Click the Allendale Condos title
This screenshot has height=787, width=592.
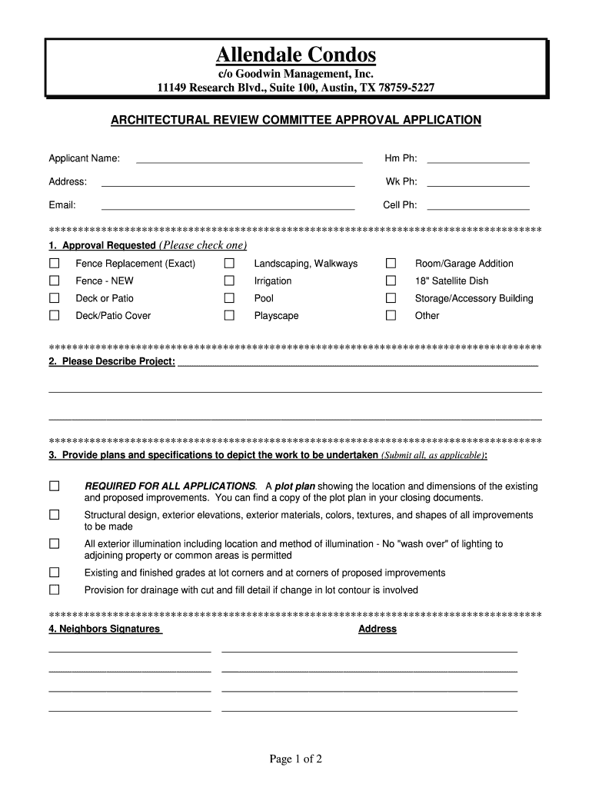pyautogui.click(x=296, y=55)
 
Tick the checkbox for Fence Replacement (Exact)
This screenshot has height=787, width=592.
pyautogui.click(x=55, y=264)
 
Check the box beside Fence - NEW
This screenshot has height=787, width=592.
pyautogui.click(x=55, y=281)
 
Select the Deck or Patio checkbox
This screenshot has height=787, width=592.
pyautogui.click(x=55, y=298)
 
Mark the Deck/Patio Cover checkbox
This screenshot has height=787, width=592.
pyautogui.click(x=55, y=316)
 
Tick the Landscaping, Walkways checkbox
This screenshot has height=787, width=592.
pyautogui.click(x=229, y=264)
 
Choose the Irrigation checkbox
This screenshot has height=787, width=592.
pyautogui.click(x=229, y=281)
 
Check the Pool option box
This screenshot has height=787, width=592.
pyautogui.click(x=229, y=298)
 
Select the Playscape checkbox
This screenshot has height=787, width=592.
pyautogui.click(x=229, y=316)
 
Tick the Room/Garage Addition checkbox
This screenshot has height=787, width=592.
pyautogui.click(x=391, y=264)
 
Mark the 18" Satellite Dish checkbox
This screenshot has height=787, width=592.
pyautogui.click(x=391, y=281)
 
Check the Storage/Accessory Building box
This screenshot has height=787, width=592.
pyautogui.click(x=391, y=298)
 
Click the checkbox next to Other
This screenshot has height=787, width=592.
pyautogui.click(x=391, y=316)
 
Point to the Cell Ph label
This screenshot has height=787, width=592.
pyautogui.click(x=400, y=205)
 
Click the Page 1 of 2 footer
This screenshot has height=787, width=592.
pyautogui.click(x=295, y=759)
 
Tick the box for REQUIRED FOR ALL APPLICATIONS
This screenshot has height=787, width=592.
pyautogui.click(x=55, y=486)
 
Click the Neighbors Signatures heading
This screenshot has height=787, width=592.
pyautogui.click(x=105, y=629)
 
